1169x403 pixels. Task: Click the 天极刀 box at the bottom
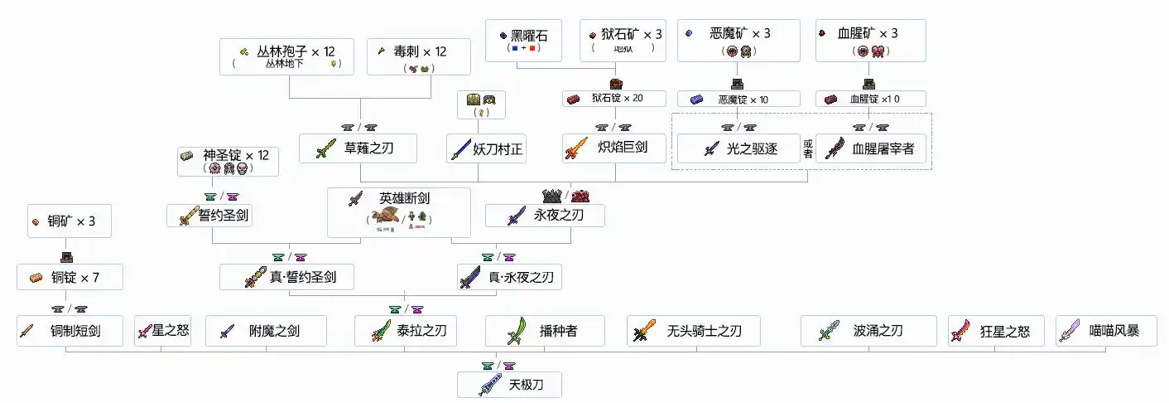pyautogui.click(x=509, y=384)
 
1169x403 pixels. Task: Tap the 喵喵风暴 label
pyautogui.click(x=1114, y=331)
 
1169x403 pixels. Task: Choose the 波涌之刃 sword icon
pyautogui.click(x=829, y=332)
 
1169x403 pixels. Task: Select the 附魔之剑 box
pyautogui.click(x=266, y=331)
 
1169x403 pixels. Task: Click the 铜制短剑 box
pyautogui.click(x=70, y=331)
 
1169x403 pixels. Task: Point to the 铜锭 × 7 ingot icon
pyautogui.click(x=36, y=277)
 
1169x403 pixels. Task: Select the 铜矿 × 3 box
pyautogui.click(x=69, y=221)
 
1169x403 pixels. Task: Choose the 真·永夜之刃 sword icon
pyautogui.click(x=469, y=277)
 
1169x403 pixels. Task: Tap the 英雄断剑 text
pyautogui.click(x=405, y=199)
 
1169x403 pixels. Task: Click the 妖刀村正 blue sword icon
pyautogui.click(x=461, y=148)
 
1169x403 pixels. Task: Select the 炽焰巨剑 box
pyautogui.click(x=614, y=148)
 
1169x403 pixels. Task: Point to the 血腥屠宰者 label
pyautogui.click(x=885, y=148)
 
